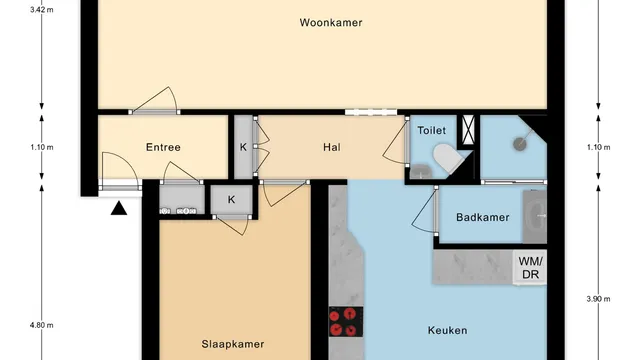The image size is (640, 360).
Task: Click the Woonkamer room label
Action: point(331,22)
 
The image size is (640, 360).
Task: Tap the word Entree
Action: point(163,147)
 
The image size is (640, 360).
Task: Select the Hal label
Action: point(332,147)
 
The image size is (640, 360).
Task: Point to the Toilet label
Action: point(431,130)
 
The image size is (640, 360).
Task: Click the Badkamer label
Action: point(483,217)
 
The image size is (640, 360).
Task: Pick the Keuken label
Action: point(447,330)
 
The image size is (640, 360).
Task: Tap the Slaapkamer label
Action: point(233,344)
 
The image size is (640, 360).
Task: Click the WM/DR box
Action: point(530,267)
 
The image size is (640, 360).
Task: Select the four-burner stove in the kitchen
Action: point(346,322)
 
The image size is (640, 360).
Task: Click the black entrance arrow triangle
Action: point(119,208)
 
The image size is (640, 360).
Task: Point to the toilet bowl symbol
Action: point(447,158)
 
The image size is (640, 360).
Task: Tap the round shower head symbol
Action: point(520,144)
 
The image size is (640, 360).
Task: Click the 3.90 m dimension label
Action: point(598,299)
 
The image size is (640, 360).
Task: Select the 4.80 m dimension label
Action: point(42,325)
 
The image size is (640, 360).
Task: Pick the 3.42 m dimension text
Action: point(42,10)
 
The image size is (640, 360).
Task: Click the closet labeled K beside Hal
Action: point(243,147)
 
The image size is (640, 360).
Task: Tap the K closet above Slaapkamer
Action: point(231,200)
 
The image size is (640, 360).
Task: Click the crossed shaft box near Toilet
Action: point(468,129)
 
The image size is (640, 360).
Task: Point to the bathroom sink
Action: point(535,216)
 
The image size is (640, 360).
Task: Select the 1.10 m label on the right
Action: point(598,147)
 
